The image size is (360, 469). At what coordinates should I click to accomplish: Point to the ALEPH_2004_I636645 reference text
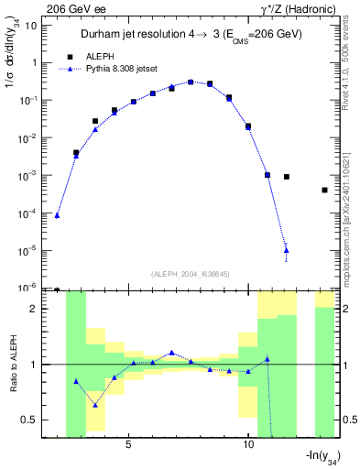[190, 273]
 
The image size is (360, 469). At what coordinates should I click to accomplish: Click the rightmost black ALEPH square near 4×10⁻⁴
[325, 191]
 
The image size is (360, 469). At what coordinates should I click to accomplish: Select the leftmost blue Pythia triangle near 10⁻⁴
[57, 215]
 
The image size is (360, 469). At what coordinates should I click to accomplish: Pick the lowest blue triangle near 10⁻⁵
[287, 249]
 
